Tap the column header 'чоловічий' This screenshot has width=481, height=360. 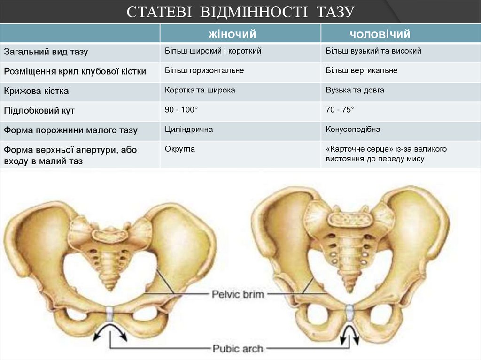(380, 34)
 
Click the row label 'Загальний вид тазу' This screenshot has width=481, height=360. (46, 52)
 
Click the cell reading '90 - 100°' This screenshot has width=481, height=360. (181, 109)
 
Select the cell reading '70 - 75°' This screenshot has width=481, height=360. (340, 109)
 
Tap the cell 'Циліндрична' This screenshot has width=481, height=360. (189, 129)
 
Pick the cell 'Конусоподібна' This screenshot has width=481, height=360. (353, 129)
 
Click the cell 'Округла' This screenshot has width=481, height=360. (180, 149)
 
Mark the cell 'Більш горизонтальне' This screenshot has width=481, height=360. (204, 70)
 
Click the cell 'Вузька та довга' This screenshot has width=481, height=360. (355, 90)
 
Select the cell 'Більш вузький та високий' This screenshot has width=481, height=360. (373, 51)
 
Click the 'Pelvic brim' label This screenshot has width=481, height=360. (238, 295)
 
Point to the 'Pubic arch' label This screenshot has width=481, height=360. (238, 348)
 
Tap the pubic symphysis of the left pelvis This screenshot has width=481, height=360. (110, 314)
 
